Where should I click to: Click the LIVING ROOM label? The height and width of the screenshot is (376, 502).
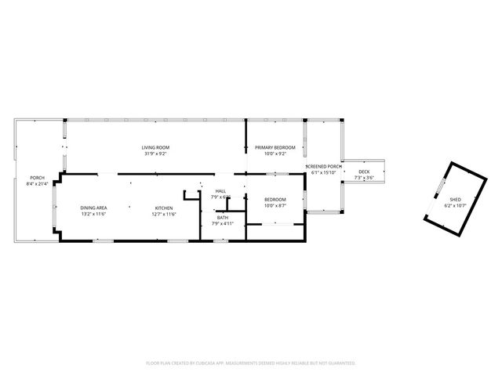[x=155, y=147]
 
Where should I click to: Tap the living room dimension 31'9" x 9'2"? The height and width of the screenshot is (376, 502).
[x=155, y=154]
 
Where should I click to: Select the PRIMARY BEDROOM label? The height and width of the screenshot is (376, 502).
[x=275, y=147]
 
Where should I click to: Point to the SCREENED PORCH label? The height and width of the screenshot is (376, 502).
[x=324, y=167]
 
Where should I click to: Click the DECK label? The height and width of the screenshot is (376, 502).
[x=364, y=172]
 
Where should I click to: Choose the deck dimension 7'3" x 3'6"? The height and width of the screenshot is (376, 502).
[x=364, y=178]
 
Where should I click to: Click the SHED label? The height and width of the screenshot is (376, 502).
[x=455, y=200]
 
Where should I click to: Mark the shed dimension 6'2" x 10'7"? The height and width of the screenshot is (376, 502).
[x=455, y=206]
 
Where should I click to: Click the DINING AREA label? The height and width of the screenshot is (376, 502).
[x=93, y=208]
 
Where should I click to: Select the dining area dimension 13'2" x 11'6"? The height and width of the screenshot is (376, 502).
[x=93, y=214]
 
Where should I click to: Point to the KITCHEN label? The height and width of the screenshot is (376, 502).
[x=163, y=208]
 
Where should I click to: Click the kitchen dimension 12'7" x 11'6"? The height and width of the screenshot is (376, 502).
[x=163, y=214]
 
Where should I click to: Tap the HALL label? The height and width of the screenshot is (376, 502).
[x=221, y=190]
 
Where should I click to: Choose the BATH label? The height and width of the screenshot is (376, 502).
[x=223, y=217]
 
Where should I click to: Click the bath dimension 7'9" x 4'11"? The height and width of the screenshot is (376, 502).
[x=223, y=223]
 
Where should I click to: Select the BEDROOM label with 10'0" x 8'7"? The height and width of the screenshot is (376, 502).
[x=275, y=200]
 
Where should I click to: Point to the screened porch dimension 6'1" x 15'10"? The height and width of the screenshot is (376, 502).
[x=324, y=173]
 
